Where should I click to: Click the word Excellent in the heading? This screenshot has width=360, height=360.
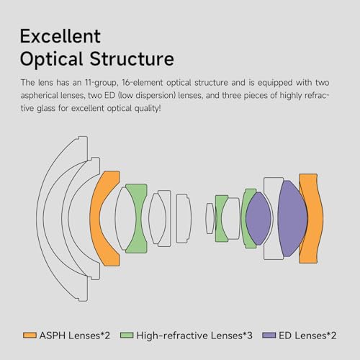coord(60,36)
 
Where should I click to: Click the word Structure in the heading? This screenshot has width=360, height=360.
coord(132,58)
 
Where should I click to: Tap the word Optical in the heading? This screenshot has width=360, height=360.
coord(51,60)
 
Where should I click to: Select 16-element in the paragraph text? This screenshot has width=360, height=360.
coord(143,83)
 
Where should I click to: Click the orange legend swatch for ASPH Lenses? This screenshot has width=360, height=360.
coord(30,335)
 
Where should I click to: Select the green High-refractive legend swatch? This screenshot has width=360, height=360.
coord(127,335)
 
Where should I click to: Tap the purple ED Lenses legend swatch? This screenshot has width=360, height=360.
coord(269,335)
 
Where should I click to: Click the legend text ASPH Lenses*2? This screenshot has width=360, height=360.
coord(75,336)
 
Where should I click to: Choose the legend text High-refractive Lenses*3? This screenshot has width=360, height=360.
coord(194,336)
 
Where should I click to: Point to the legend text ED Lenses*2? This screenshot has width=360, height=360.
coord(307,336)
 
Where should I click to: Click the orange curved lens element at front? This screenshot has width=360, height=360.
coord(94,218)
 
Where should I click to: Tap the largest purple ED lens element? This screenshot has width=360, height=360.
coord(292,218)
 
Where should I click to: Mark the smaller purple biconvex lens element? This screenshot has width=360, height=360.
coord(258,218)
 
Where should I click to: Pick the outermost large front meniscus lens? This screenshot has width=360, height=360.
coord(40,218)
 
